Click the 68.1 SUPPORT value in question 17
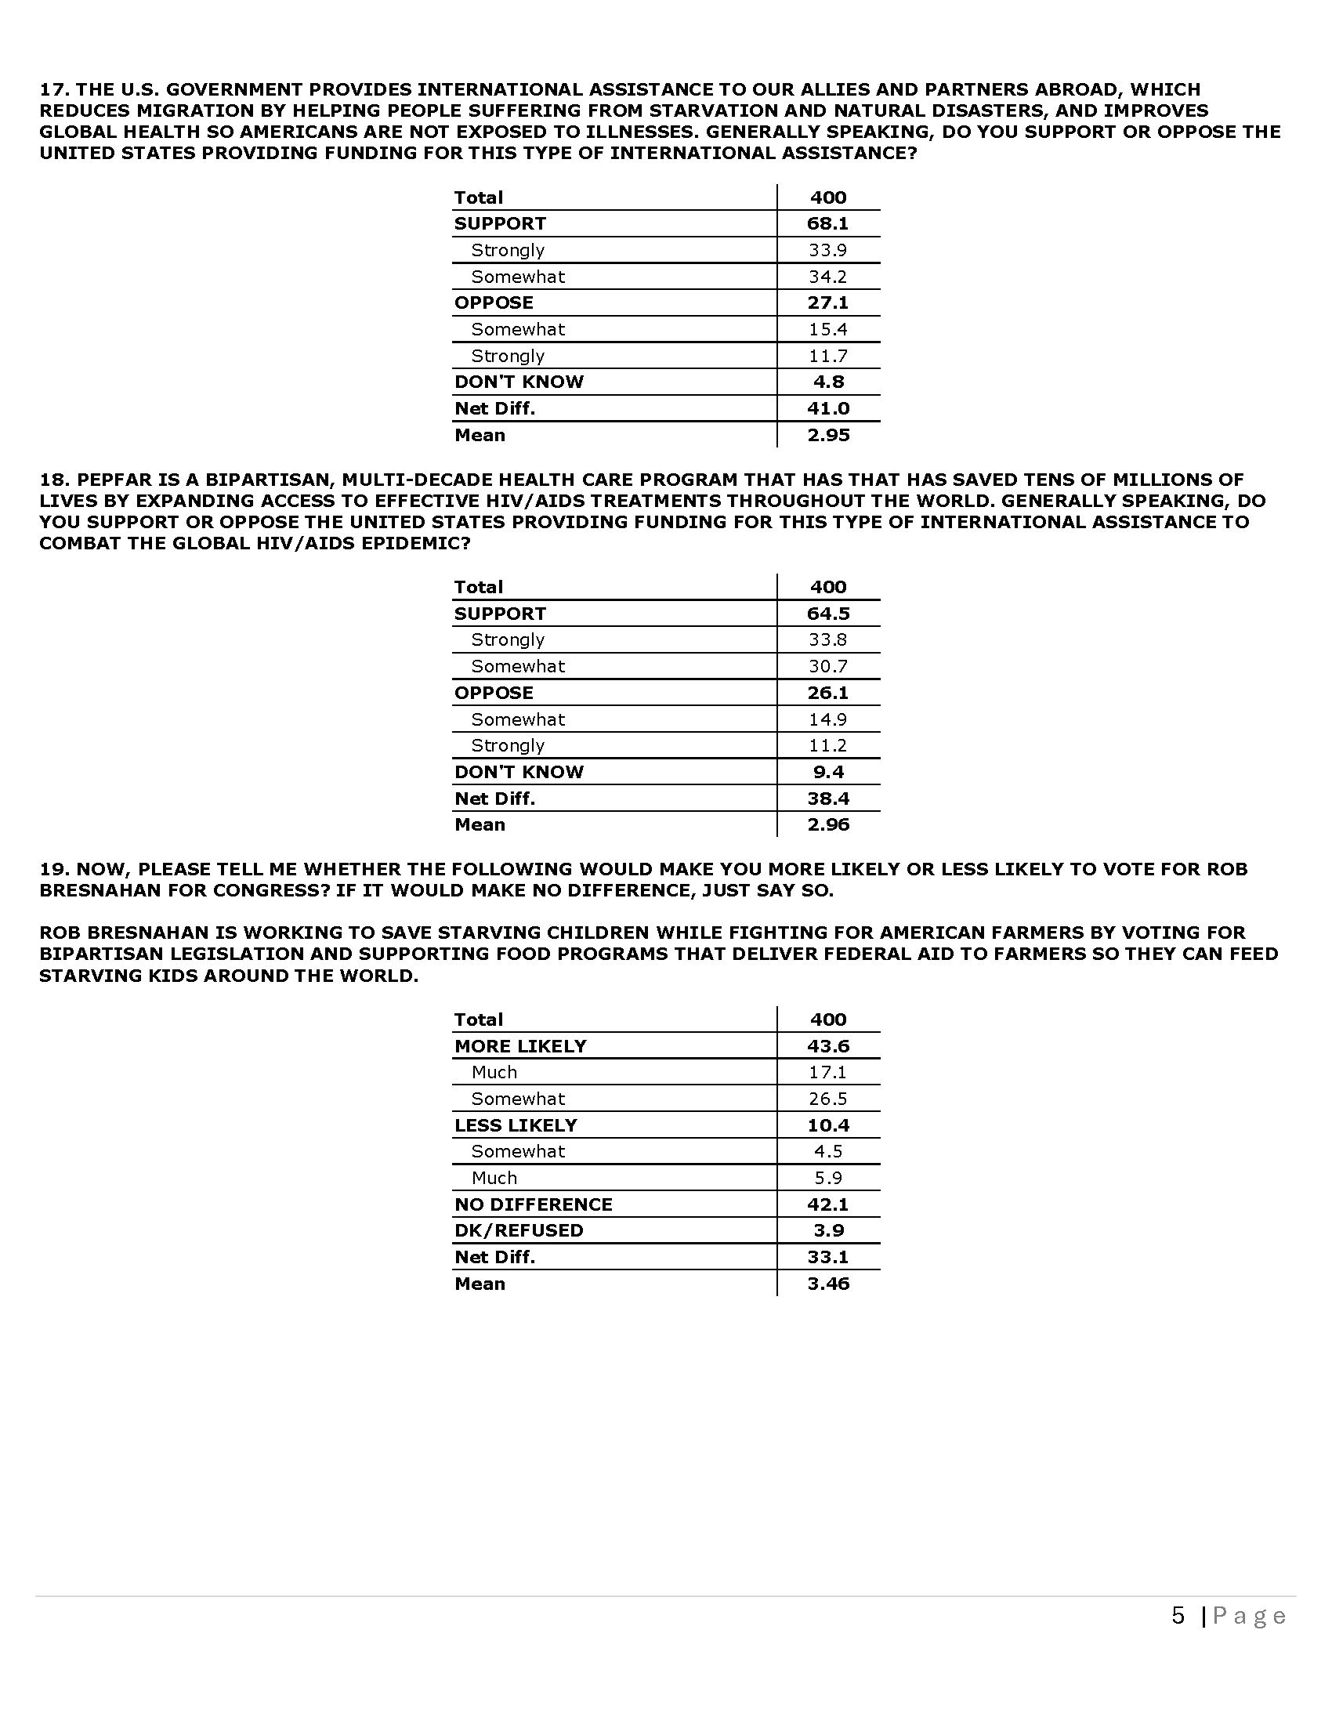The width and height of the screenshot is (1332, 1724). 827,223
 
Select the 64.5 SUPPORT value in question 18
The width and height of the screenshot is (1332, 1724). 827,614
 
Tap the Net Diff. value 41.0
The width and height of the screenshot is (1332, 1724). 827,408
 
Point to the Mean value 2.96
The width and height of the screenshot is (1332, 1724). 827,824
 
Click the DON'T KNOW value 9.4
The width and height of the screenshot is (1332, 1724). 827,772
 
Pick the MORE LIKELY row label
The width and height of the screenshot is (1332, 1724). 520,1046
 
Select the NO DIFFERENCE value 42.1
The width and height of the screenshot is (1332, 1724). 827,1204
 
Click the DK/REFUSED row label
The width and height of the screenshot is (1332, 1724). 519,1230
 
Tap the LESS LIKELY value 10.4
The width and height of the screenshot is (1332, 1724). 827,1125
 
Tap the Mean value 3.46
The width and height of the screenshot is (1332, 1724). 827,1284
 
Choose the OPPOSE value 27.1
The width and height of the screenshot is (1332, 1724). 827,302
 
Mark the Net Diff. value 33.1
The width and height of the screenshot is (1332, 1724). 827,1257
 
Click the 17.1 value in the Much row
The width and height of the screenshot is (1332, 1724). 827,1072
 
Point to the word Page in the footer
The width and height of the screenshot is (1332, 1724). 1249,1616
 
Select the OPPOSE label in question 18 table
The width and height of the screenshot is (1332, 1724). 493,692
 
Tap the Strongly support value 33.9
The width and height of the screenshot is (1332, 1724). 827,250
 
